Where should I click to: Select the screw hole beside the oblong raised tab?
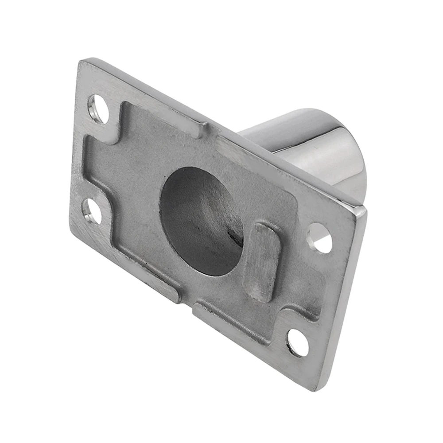pyautogui.click(x=319, y=238)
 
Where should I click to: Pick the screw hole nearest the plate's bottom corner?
pyautogui.click(x=298, y=342)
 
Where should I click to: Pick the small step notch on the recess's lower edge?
pyautogui.click(x=186, y=301)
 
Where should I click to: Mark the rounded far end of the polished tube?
pyautogui.click(x=354, y=155)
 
